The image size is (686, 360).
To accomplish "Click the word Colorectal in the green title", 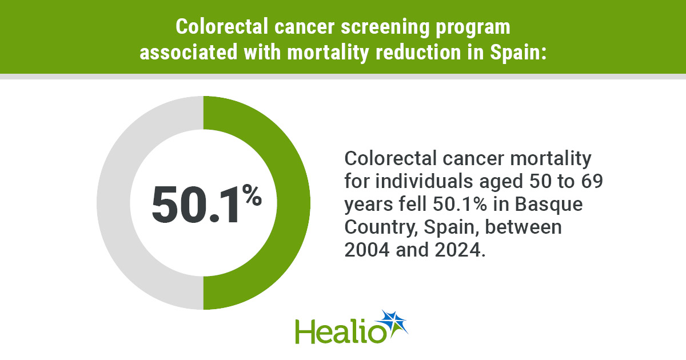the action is (222, 27).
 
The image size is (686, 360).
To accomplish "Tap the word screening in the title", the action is (385, 27).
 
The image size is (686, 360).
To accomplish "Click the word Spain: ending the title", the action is (518, 53).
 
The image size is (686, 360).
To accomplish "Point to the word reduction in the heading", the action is (418, 52).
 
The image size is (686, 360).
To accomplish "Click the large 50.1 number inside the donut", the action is (195, 205).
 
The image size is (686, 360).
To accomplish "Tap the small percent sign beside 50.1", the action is (252, 194).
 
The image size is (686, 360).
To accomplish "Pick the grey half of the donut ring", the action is (114, 203).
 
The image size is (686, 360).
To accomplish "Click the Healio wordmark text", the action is (341, 331).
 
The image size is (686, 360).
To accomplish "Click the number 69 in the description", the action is (592, 181).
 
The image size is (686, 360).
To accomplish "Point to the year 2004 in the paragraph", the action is (367, 250).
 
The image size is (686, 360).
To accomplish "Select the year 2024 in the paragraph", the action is (457, 250).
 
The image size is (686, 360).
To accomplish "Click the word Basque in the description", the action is (549, 205).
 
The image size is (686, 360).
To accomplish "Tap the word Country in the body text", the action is (381, 228).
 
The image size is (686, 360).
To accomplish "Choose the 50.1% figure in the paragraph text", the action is (460, 204).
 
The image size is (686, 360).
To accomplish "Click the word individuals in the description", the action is (424, 181).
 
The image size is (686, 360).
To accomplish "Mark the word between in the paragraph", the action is (524, 227).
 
